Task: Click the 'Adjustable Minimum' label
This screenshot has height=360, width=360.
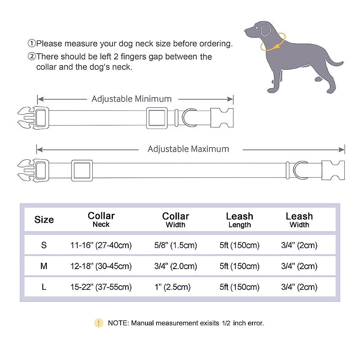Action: pyautogui.click(x=131, y=99)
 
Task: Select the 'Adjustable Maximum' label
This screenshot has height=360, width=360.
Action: pyautogui.click(x=188, y=149)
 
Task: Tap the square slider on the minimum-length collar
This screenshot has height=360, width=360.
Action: pyautogui.click(x=157, y=118)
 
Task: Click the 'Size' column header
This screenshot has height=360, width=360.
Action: pyautogui.click(x=44, y=220)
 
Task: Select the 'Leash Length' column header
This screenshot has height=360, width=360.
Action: pyautogui.click(x=239, y=220)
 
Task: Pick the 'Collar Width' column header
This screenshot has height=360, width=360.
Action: pyautogui.click(x=175, y=220)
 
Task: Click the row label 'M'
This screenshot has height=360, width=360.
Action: pyautogui.click(x=44, y=266)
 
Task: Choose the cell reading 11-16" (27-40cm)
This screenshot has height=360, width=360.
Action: pyautogui.click(x=101, y=245)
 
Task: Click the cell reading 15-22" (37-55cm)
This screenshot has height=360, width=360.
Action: pyautogui.click(x=101, y=287)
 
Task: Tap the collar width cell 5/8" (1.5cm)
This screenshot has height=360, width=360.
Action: pyautogui.click(x=175, y=245)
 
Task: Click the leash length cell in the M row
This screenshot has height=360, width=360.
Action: pyautogui.click(x=239, y=266)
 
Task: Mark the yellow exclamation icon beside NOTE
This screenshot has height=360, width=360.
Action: pyautogui.click(x=99, y=323)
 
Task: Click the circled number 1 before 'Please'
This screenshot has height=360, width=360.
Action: pyautogui.click(x=31, y=44)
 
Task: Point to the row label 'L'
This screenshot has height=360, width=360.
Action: pyautogui.click(x=44, y=287)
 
